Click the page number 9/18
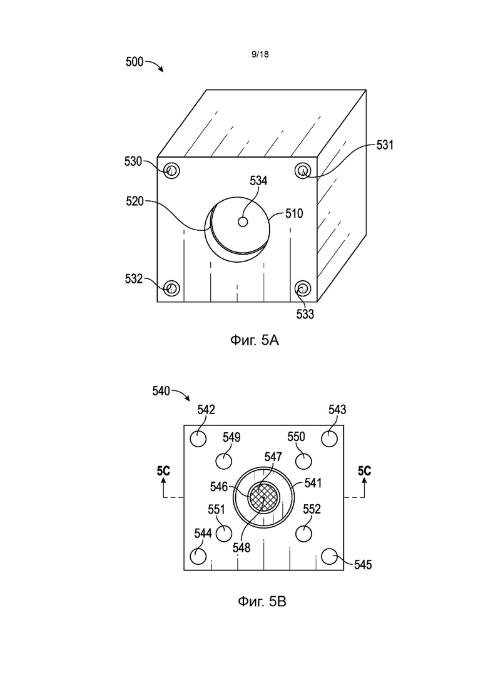tap(260, 54)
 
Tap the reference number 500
tap(135, 61)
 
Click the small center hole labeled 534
tap(243, 222)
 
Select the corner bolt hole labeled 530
tap(171, 170)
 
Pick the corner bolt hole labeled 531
tap(303, 170)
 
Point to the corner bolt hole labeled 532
tap(171, 288)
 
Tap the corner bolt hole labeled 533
tap(303, 288)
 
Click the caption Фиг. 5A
tap(255, 340)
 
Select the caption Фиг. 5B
tap(262, 601)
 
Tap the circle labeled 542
tap(198, 439)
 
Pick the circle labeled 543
tap(329, 439)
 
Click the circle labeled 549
tap(224, 461)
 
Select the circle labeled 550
tap(303, 461)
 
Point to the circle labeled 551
tap(224, 534)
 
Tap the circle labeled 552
tap(303, 534)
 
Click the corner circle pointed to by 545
tap(329, 556)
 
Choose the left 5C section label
tap(163, 471)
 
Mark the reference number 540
tap(161, 391)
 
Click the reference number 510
tap(295, 213)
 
